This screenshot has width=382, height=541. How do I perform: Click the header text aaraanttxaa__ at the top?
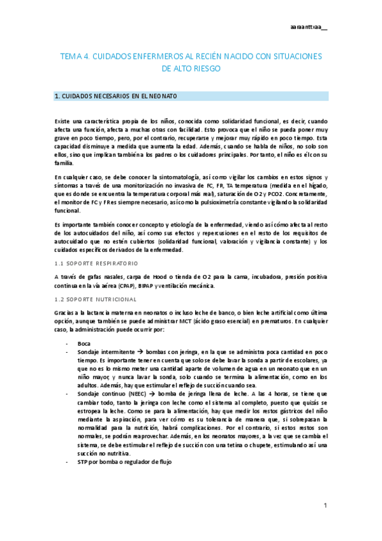[x=307, y=28]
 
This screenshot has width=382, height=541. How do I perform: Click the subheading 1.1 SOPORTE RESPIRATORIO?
[x=96, y=263]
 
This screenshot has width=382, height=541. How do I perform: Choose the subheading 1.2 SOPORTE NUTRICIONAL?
[x=95, y=299]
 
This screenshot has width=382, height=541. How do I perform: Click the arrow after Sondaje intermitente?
[x=142, y=352]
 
